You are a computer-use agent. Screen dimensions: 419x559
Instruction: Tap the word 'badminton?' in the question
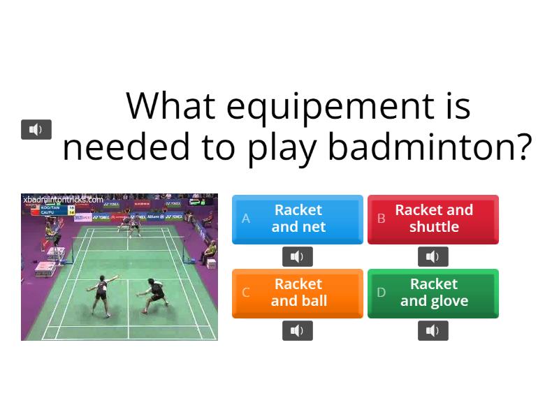click(x=429, y=147)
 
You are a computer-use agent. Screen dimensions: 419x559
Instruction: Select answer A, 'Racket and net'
click(x=298, y=219)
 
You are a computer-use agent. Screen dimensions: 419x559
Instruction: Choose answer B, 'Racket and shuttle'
click(x=433, y=219)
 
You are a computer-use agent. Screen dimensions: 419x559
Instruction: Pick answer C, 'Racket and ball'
click(x=298, y=293)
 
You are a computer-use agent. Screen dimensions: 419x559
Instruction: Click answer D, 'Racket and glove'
click(x=433, y=293)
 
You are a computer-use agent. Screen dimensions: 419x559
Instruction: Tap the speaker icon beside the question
click(x=36, y=129)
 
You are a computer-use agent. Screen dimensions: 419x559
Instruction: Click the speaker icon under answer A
click(x=298, y=257)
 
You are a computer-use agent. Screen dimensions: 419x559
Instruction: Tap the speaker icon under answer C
click(x=298, y=331)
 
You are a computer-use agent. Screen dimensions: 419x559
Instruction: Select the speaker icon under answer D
click(x=433, y=331)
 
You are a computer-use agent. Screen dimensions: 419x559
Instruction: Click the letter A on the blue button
click(x=246, y=219)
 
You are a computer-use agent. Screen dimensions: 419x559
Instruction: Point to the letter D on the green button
click(x=382, y=293)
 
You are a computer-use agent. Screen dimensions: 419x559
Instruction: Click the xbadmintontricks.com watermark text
click(x=63, y=200)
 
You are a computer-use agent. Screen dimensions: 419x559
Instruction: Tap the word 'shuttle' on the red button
click(x=434, y=227)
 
